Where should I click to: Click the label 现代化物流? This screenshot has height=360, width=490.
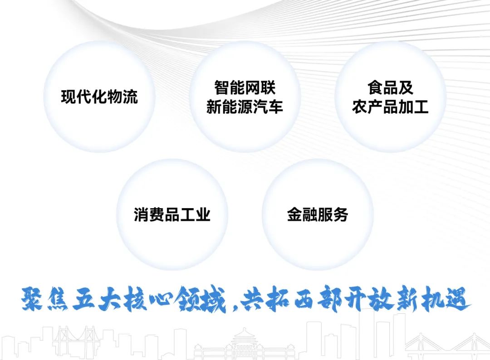coord(99,97)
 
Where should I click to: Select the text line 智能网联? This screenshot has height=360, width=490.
coord(245,88)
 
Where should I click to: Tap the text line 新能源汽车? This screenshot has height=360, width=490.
coord(245,107)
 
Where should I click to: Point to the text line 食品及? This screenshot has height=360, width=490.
coord(390,88)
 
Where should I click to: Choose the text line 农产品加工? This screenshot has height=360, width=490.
coord(390,107)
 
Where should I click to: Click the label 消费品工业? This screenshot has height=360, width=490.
coord(172,214)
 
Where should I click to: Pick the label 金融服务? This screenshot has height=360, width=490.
coord(318,214)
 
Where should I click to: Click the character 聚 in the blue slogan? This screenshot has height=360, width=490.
coord(32,299)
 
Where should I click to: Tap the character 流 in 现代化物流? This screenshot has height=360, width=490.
coord(130,97)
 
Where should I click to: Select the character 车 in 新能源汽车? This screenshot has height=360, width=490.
coord(275,107)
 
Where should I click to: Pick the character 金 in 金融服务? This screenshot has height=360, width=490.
coord(295,214)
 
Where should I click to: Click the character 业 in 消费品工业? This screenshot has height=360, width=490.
coord(203,214)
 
